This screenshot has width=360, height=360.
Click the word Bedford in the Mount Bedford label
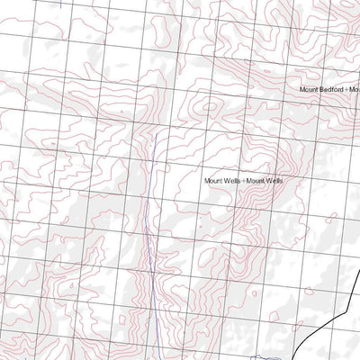tap(331, 90)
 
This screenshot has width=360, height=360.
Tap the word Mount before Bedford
tap(310, 90)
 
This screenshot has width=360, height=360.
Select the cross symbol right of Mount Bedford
tap(346, 90)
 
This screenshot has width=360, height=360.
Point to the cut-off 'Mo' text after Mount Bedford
tap(354, 90)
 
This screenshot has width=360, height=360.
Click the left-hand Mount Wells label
tap(222, 181)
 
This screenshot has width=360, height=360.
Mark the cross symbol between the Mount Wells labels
tap(244, 181)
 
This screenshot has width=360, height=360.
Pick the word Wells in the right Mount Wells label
tap(274, 181)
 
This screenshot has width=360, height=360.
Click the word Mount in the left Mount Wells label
tap(213, 181)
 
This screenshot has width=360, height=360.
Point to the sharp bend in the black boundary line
tap(346, 315)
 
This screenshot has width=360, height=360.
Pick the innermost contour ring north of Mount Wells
tap(211, 106)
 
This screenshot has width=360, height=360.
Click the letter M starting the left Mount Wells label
tap(207, 181)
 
